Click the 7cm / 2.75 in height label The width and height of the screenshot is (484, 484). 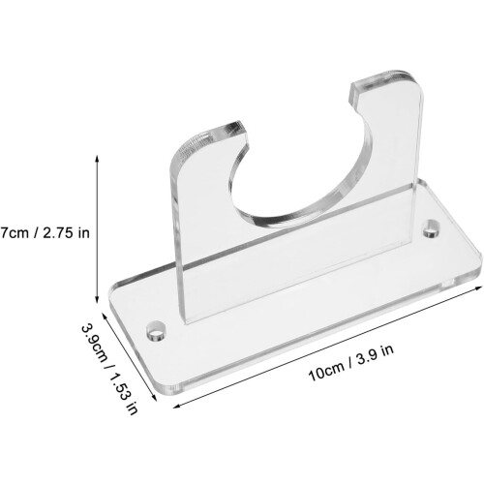pos(45,232)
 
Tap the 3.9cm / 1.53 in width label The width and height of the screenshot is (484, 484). pos(109,369)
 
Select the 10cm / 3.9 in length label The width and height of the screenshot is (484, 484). pos(351,363)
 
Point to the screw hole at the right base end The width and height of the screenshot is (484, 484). pos(432,228)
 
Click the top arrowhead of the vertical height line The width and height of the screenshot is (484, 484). pos(97,158)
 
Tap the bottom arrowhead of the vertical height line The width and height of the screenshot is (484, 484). pos(97,300)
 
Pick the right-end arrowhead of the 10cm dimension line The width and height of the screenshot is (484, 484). pos(479,288)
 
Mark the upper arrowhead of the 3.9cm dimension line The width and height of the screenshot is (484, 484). pos(104,315)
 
